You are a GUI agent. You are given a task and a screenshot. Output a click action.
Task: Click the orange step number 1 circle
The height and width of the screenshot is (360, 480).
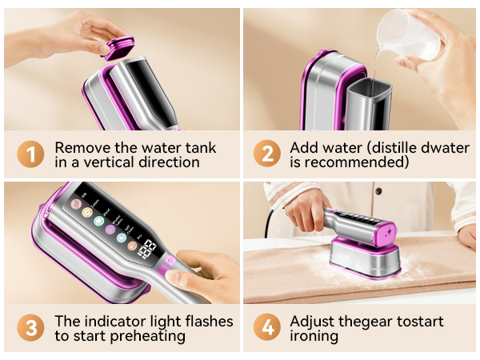pyautogui.click(x=30, y=155)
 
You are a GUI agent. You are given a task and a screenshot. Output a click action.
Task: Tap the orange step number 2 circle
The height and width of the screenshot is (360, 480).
pyautogui.click(x=267, y=155)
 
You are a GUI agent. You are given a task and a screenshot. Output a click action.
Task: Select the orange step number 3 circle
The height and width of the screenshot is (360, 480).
pyautogui.click(x=30, y=329)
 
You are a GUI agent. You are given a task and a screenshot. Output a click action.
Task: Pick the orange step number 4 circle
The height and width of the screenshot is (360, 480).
pyautogui.click(x=267, y=329)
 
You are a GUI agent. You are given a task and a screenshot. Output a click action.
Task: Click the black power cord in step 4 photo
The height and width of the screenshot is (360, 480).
pyautogui.click(x=275, y=212)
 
